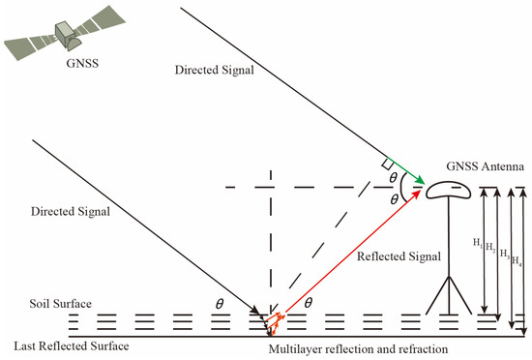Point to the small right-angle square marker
coord(388,164)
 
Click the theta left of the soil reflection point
coord(221,304)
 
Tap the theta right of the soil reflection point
coord(308,304)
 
